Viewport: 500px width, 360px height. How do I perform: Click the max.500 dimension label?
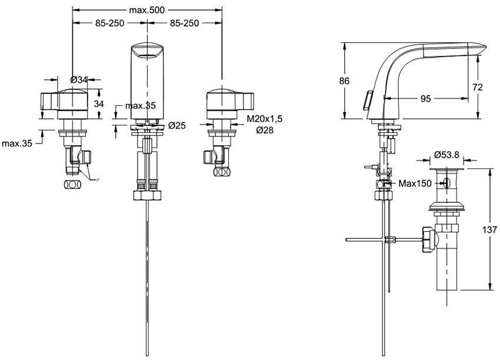(147, 10)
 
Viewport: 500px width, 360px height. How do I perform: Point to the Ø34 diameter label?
(78, 80)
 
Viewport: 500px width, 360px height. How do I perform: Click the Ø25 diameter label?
(177, 125)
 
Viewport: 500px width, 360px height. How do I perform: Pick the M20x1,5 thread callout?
(264, 119)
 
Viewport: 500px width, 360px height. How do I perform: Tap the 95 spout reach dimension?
(425, 99)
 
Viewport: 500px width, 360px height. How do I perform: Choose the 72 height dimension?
(478, 86)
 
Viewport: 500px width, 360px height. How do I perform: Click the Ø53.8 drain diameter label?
(447, 155)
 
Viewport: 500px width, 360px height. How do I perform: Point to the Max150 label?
(415, 184)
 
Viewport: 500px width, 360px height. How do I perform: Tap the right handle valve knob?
(229, 100)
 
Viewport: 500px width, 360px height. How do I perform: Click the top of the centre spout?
(146, 49)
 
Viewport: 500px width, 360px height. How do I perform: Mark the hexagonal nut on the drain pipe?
(428, 239)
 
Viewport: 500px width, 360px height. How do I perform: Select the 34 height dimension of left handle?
(98, 104)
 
